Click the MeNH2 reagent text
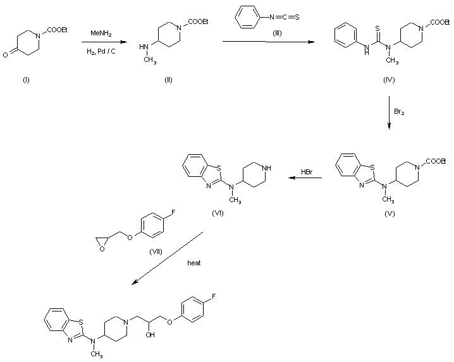coord(101,32)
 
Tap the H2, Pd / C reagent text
coord(101,51)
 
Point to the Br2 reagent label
coord(400,112)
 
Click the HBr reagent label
coord(307,172)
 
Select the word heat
coord(194,263)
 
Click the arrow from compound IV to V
coord(389,114)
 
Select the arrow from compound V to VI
coord(305,179)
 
